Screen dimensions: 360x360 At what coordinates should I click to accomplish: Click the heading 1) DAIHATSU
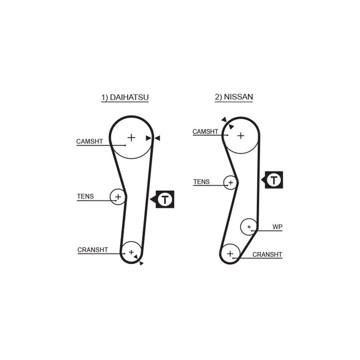point(125,98)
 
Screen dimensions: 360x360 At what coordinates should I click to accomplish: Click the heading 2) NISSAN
point(234,97)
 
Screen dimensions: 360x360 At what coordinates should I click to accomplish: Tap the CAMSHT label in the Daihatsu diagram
point(90,142)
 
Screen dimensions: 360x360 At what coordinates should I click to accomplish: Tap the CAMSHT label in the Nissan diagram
point(205,132)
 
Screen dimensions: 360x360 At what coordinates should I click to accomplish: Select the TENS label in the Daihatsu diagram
point(86,196)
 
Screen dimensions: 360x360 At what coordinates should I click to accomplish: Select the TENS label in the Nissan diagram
point(201,182)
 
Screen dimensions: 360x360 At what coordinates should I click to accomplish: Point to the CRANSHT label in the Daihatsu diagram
point(92,250)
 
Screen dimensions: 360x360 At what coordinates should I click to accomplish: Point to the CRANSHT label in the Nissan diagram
point(267,255)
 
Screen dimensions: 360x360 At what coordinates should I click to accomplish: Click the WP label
point(277,227)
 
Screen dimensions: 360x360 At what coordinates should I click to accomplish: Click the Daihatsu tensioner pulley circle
point(110,197)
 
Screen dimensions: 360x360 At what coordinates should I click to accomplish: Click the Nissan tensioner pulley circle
point(224,182)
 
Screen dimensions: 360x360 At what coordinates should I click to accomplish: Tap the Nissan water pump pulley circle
point(241,227)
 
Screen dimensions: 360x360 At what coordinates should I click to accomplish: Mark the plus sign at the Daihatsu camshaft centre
point(131,138)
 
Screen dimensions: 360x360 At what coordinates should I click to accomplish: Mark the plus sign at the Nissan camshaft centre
point(241,136)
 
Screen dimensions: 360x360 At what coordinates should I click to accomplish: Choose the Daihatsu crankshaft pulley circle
point(131,242)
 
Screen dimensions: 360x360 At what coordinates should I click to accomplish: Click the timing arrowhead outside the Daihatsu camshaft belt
point(157,138)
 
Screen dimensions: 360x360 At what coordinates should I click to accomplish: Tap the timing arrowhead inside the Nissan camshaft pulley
point(231,126)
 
